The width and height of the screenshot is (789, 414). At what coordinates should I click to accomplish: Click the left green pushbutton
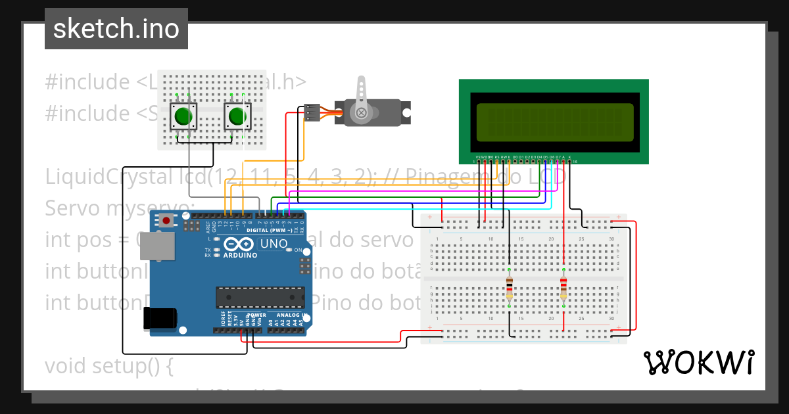point(183,117)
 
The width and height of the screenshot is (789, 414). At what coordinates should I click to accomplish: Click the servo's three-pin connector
point(312,113)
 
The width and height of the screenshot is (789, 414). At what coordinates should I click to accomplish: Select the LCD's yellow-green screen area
point(554,122)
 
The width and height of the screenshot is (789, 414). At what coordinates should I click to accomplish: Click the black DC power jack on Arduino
point(160,319)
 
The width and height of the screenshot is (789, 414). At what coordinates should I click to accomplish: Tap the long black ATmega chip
point(260,297)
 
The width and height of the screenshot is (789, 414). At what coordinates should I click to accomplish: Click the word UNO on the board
point(274,244)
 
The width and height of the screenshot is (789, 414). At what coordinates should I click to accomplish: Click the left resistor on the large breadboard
point(510,288)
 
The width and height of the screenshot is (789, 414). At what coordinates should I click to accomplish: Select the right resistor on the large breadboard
point(563,288)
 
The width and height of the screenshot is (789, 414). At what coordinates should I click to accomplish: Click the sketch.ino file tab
point(116,29)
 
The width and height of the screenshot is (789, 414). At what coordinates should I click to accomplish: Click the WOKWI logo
point(698,363)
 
